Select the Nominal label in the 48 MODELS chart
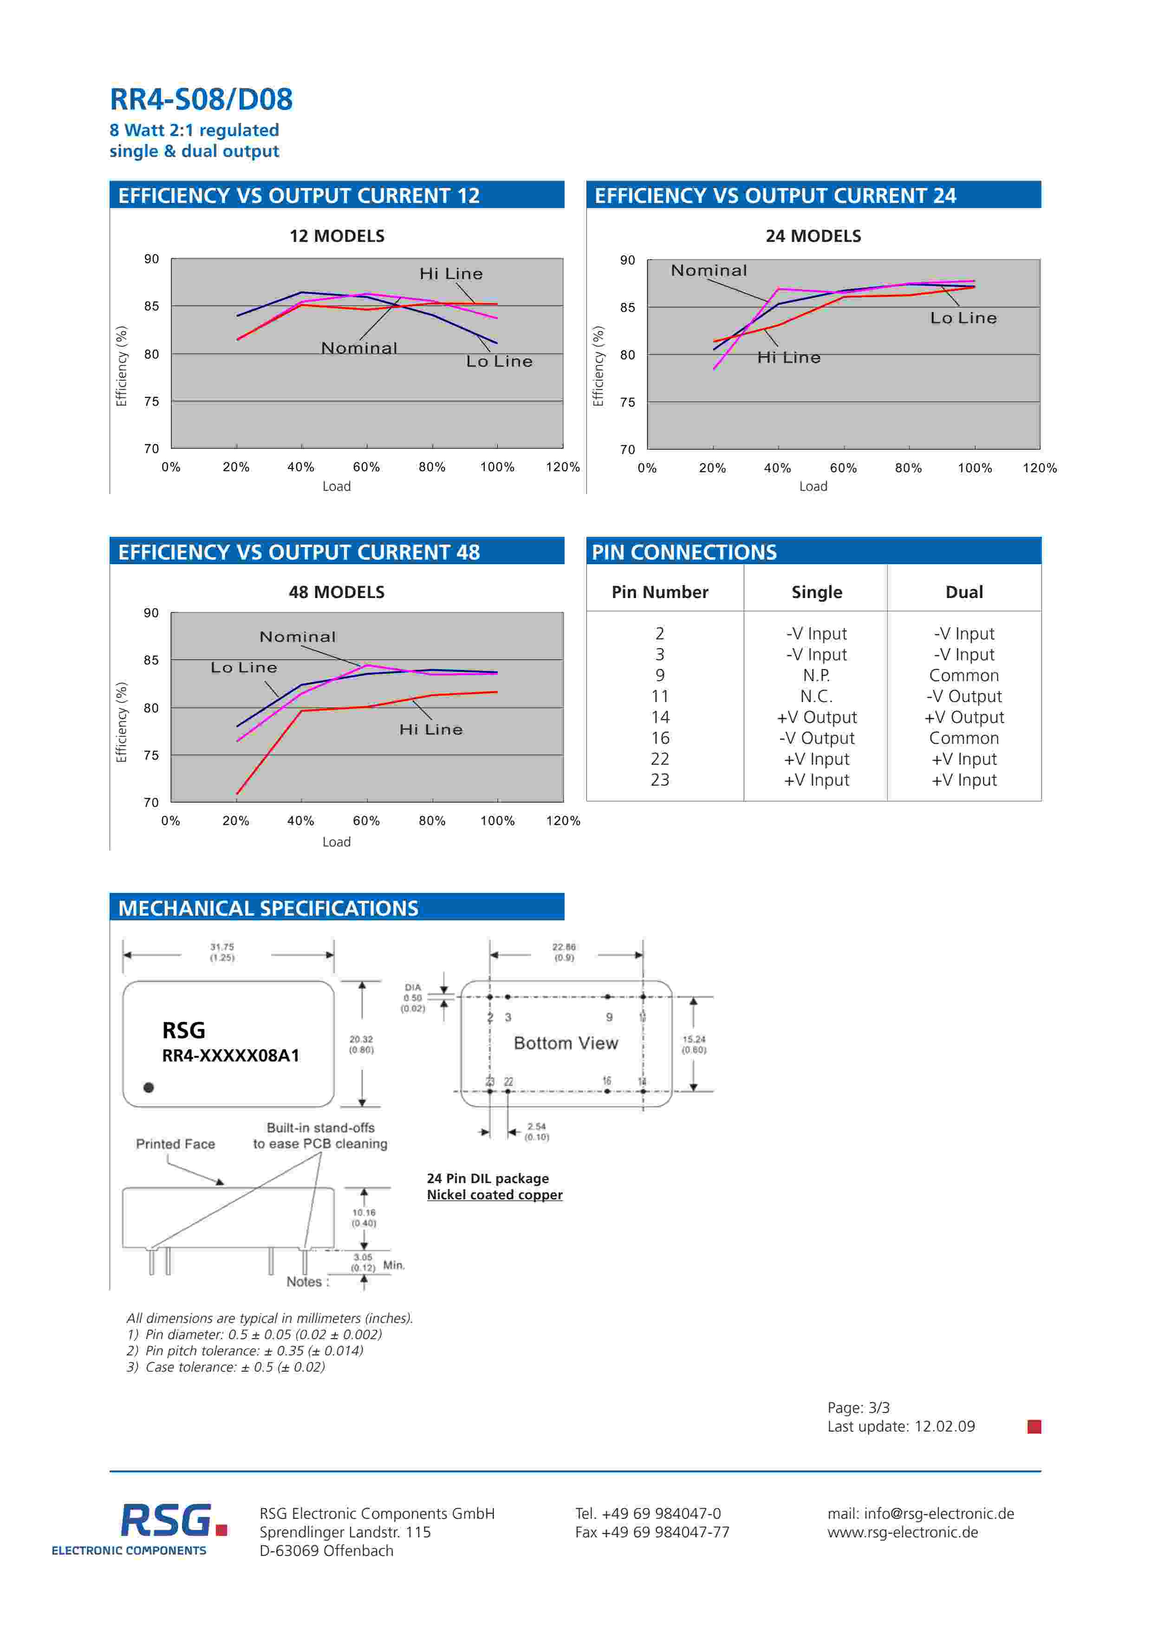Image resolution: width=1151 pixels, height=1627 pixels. click(298, 637)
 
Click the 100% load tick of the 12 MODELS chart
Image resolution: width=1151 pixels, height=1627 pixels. click(497, 467)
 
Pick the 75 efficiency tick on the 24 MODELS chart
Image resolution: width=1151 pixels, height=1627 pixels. click(627, 403)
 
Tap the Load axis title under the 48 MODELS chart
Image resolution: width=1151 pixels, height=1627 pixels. click(337, 842)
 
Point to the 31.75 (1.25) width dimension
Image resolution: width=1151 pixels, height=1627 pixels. click(222, 952)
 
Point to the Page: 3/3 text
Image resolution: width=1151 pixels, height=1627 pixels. click(858, 1408)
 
